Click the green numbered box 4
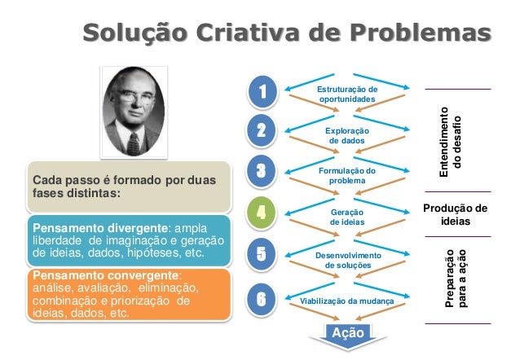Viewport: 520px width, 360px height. (x=262, y=214)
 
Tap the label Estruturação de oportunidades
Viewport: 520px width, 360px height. (x=346, y=94)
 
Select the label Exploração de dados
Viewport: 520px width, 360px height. (x=346, y=135)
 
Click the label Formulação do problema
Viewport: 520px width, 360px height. (x=346, y=175)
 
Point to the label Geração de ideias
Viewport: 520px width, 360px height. (x=346, y=217)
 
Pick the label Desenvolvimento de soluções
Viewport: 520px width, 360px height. (x=346, y=261)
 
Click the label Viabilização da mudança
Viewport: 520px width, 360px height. (x=347, y=301)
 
